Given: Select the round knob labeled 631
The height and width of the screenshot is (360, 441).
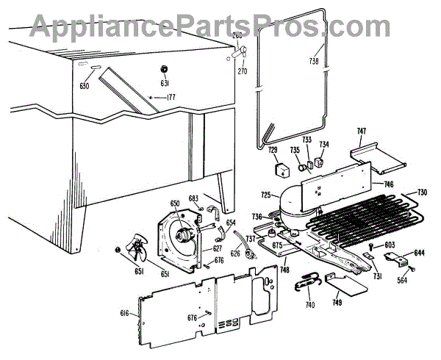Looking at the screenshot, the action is click(165, 68).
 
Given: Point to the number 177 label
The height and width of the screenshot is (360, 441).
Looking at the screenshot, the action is click(171, 97).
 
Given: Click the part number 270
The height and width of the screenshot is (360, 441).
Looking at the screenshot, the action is click(242, 72).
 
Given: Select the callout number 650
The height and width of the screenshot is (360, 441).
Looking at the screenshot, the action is click(175, 204).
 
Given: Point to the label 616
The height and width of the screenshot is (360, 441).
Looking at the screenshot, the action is click(125, 314).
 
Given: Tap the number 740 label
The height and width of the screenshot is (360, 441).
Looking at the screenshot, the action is click(311, 303).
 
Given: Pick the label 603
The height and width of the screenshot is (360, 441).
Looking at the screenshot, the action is click(390, 245).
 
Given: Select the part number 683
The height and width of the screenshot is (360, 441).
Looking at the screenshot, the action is click(193, 198).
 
